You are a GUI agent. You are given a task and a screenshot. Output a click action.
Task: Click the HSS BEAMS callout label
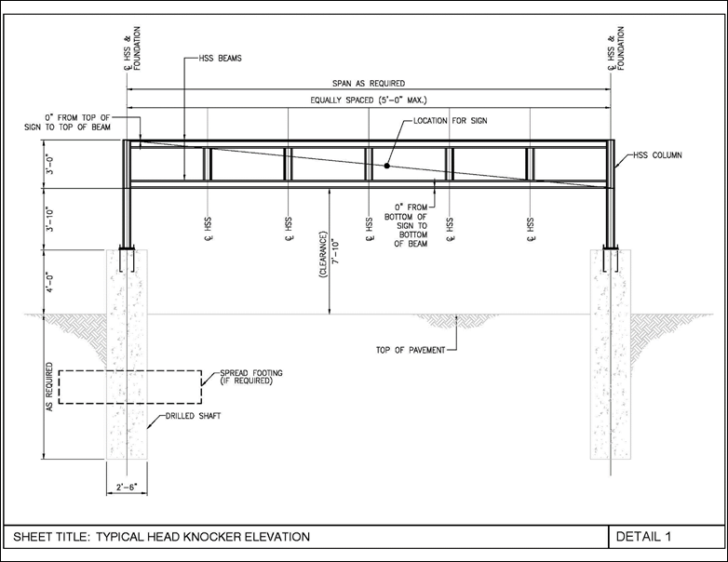click(220, 59)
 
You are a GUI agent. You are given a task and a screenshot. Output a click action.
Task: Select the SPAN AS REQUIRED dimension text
click(369, 84)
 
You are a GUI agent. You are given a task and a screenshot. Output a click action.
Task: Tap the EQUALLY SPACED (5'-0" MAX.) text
click(369, 100)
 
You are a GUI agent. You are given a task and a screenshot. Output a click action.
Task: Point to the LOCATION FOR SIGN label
click(451, 121)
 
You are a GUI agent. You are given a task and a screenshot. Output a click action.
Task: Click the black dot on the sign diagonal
click(386, 166)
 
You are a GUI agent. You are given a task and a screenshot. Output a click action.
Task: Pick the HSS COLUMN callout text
click(658, 155)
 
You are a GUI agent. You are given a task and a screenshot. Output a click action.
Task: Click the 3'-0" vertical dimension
click(50, 165)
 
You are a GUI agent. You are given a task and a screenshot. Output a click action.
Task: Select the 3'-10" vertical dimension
click(50, 219)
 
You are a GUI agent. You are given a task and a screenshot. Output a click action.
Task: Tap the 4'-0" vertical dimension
click(50, 282)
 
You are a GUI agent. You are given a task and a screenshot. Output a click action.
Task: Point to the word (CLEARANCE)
click(324, 254)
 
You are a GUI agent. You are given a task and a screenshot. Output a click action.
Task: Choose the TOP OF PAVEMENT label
click(411, 351)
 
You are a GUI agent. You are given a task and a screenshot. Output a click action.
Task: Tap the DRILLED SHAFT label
click(193, 416)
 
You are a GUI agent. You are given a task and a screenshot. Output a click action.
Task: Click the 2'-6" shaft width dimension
click(127, 488)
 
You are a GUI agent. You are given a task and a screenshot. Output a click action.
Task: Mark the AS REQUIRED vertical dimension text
click(49, 386)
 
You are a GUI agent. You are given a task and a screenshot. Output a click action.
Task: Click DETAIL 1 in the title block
click(643, 537)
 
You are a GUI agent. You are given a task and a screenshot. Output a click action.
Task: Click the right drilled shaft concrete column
click(611, 355)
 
